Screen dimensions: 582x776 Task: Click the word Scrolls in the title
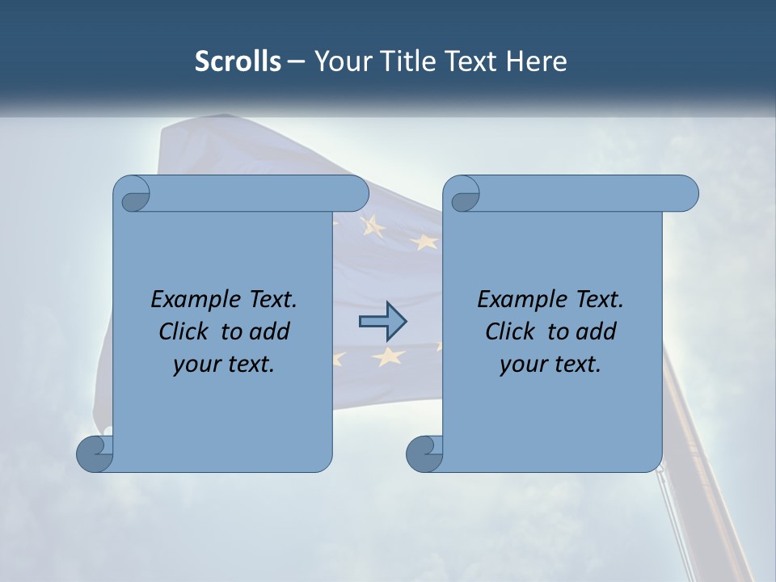tap(238, 61)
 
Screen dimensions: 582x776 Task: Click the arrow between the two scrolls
tap(382, 322)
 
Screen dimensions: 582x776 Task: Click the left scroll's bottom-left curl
tap(95, 453)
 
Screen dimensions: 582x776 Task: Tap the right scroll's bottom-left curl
tap(424, 453)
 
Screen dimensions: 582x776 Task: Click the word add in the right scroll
tap(597, 331)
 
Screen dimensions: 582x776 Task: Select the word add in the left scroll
tap(270, 331)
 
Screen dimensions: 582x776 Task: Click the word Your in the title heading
tap(341, 61)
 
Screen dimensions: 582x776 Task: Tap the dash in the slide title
tap(297, 61)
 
